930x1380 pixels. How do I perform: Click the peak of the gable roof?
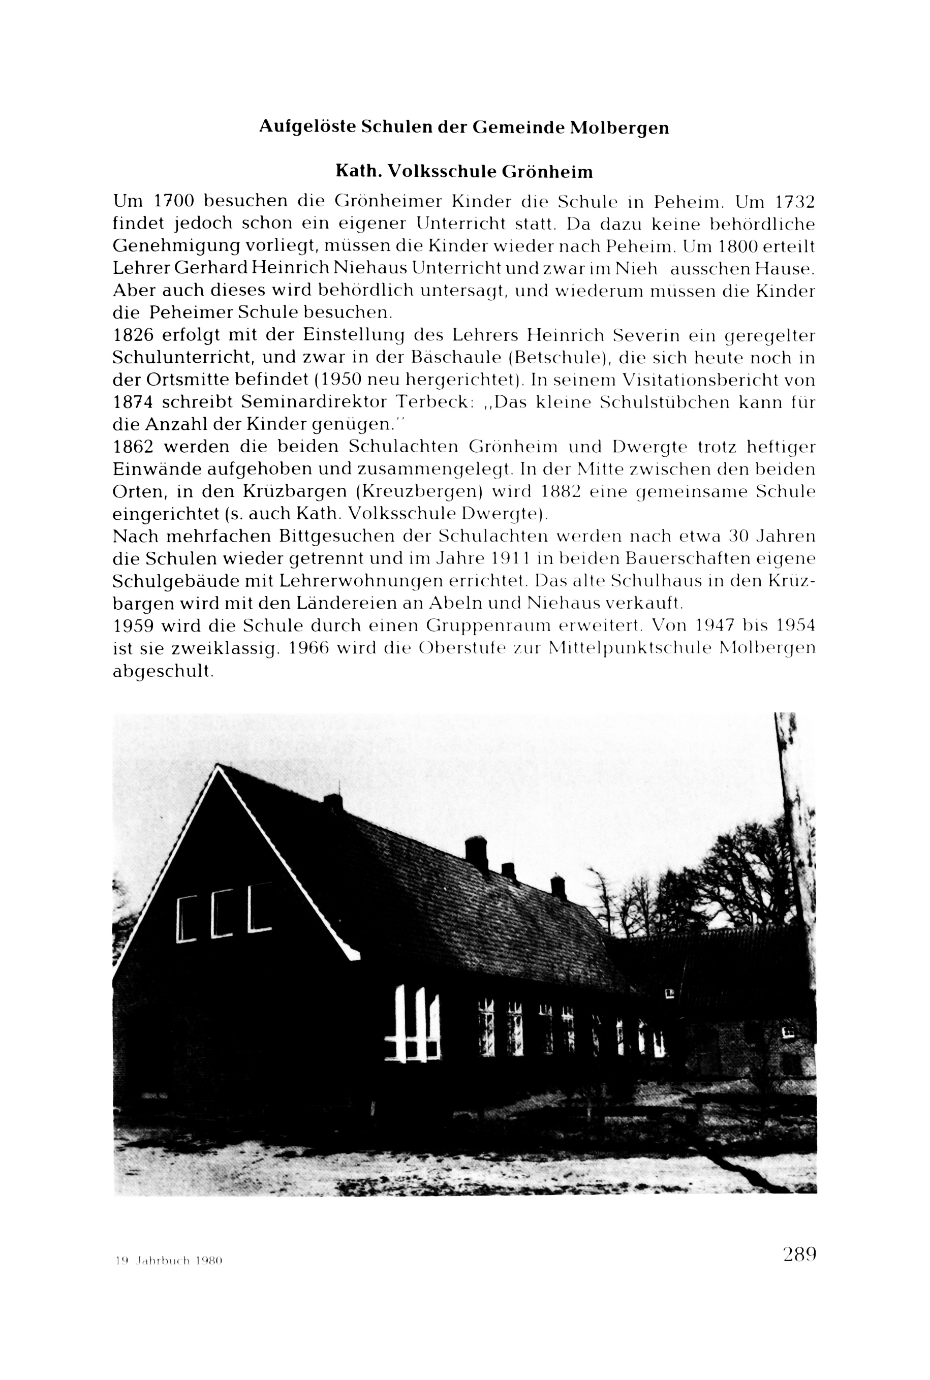point(218,767)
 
